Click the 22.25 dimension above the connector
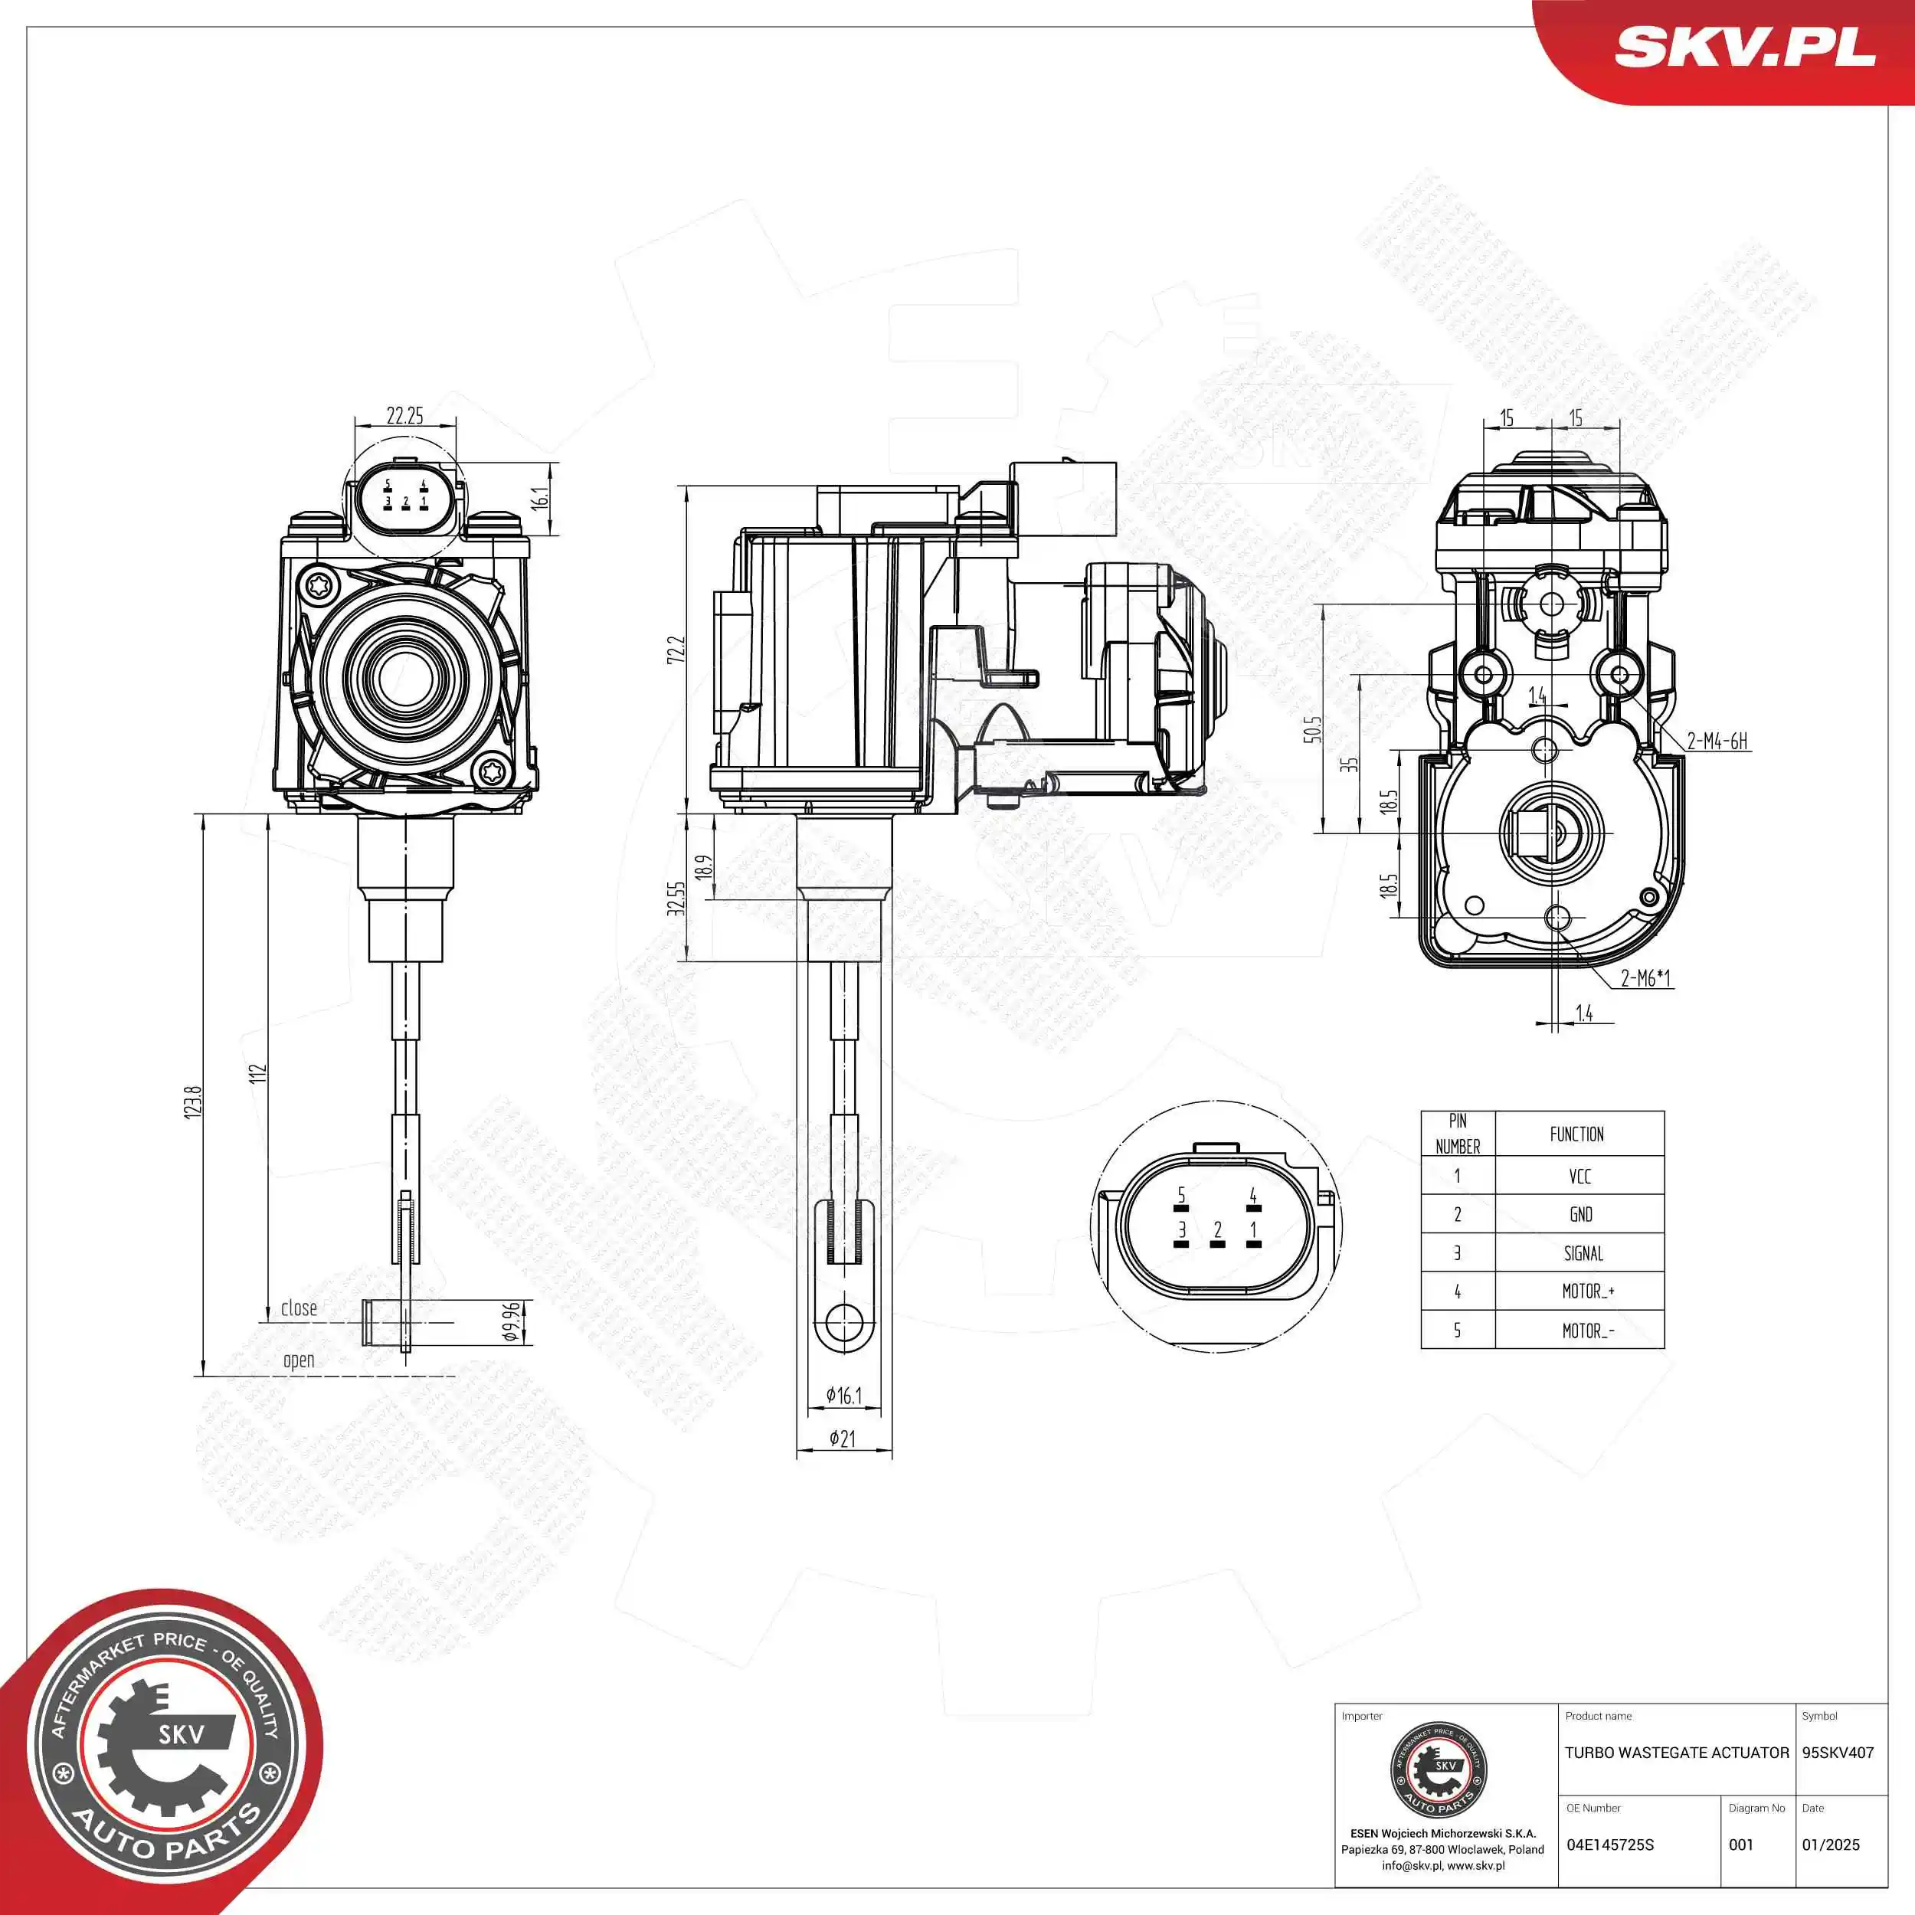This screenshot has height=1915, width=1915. click(404, 415)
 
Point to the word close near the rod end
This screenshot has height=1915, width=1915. click(298, 1308)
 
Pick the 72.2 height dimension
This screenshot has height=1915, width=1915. click(676, 650)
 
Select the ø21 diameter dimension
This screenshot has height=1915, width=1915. click(842, 1439)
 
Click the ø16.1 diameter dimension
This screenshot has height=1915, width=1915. click(843, 1396)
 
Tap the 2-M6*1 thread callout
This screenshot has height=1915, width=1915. click(1645, 978)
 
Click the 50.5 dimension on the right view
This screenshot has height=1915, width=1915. click(1314, 729)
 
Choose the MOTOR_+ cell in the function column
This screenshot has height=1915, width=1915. click(1588, 1291)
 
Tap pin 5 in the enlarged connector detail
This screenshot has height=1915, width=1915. click(1180, 1196)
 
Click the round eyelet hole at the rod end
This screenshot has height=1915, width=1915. click(843, 1322)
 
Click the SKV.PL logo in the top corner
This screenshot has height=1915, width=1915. click(1744, 47)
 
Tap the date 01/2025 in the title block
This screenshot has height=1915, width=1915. click(1831, 1845)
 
